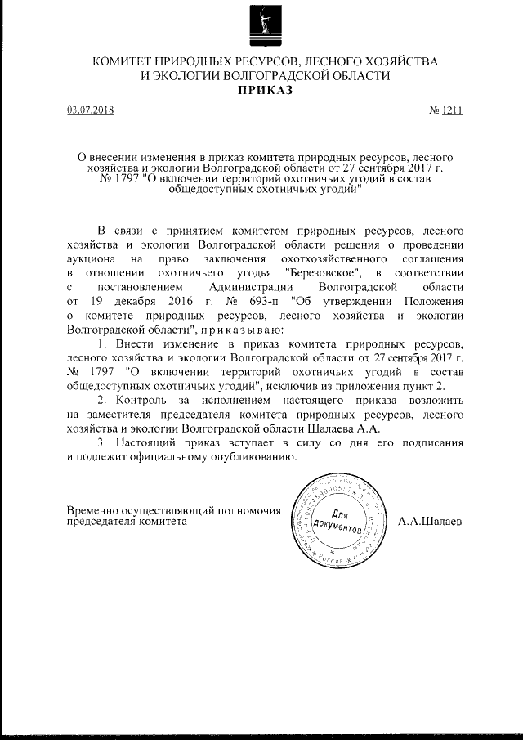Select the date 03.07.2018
(91, 112)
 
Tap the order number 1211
(452, 112)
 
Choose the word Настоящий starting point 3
(147, 442)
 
